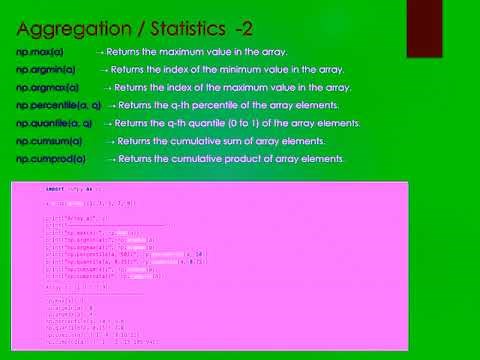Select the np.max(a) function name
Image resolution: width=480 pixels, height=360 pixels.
click(38, 51)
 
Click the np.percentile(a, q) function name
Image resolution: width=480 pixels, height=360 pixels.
click(58, 105)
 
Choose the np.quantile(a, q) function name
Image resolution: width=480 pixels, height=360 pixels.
click(56, 123)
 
